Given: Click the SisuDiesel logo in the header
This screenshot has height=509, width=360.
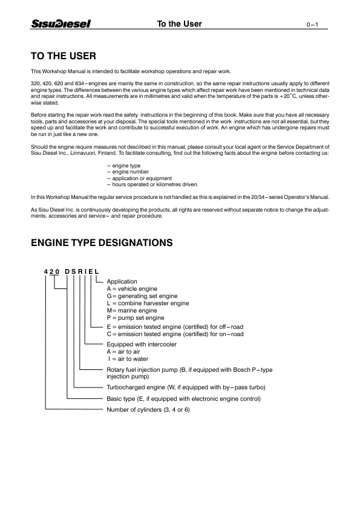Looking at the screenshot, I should [x=61, y=24].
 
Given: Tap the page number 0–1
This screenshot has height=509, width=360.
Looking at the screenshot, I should [x=312, y=25].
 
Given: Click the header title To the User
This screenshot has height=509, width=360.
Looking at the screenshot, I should [x=180, y=24].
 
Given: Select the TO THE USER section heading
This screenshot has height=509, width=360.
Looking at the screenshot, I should [x=63, y=56].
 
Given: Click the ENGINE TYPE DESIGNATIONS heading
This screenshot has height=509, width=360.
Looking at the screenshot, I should [x=102, y=243].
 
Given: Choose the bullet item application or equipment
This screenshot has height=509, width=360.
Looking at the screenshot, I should [x=139, y=178].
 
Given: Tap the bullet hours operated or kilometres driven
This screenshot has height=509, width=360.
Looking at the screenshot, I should [x=152, y=184].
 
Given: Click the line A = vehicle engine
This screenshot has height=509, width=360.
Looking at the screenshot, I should [x=132, y=289].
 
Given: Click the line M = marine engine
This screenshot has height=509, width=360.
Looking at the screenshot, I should [x=132, y=311].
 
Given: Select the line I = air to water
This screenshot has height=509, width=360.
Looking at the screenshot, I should [x=128, y=358].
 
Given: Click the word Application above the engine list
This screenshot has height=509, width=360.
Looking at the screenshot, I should [x=122, y=282].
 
